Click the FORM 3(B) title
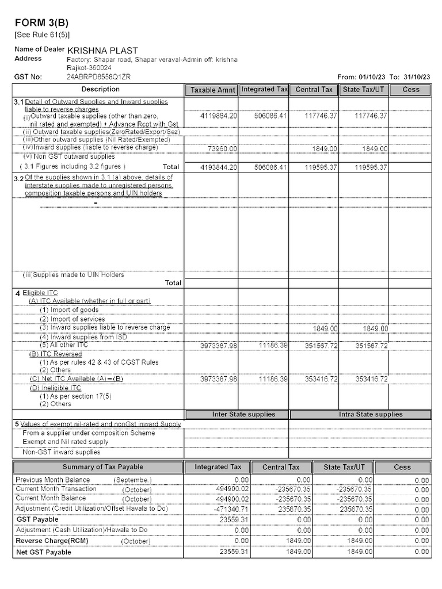(41, 23)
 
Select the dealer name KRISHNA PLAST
(102, 51)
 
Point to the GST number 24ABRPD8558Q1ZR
(98, 77)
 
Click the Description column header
(100, 89)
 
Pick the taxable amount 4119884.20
(218, 116)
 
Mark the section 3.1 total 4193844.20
(218, 167)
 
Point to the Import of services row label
(72, 319)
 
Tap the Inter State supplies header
(243, 414)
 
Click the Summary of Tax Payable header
(102, 466)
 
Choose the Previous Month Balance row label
(53, 480)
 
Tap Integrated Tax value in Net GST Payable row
(234, 552)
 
